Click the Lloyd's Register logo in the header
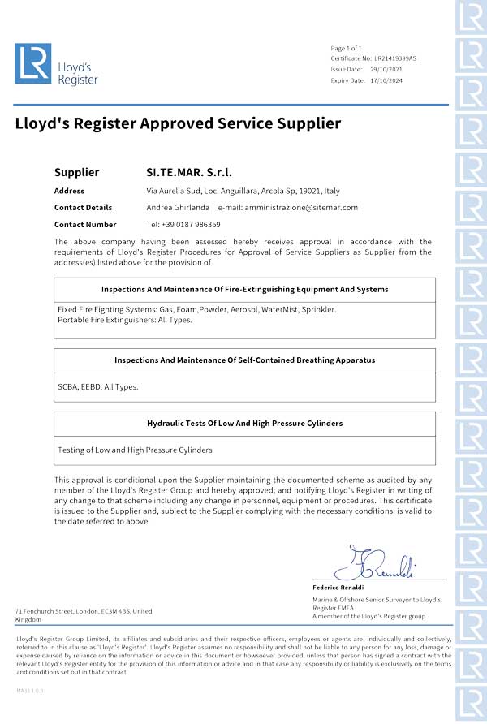coord(56,64)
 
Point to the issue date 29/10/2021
coord(387,70)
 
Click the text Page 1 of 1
coord(347,49)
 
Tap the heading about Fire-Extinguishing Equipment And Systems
coord(244,289)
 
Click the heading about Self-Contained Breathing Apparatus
coord(244,360)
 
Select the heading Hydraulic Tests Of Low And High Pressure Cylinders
coord(244,423)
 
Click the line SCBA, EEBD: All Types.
coord(98,386)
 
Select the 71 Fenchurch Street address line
coord(84,610)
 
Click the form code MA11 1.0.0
coord(30,690)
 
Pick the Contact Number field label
coord(85,224)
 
